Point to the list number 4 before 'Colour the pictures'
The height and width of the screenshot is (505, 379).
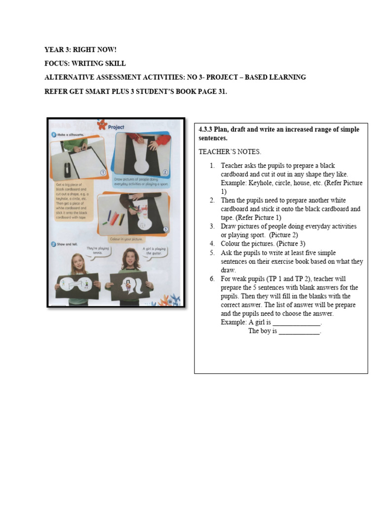tap(212, 244)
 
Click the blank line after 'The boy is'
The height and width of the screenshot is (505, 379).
tap(300, 331)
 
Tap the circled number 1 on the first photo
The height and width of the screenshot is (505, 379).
tap(103, 173)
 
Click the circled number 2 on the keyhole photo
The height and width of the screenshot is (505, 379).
tap(165, 172)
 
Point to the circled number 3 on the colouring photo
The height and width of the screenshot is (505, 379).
tap(165, 229)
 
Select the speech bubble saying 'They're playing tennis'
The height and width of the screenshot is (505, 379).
tap(97, 251)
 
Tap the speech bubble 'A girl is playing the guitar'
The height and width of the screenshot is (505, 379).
tap(153, 252)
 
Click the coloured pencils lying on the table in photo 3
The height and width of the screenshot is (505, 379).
tap(114, 217)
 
